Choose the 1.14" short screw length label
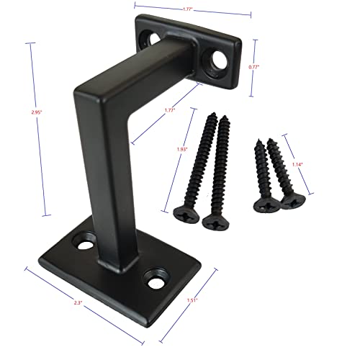pyautogui.click(x=297, y=163)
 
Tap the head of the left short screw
pyautogui.click(x=265, y=204)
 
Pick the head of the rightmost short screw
pyautogui.click(x=289, y=202)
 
